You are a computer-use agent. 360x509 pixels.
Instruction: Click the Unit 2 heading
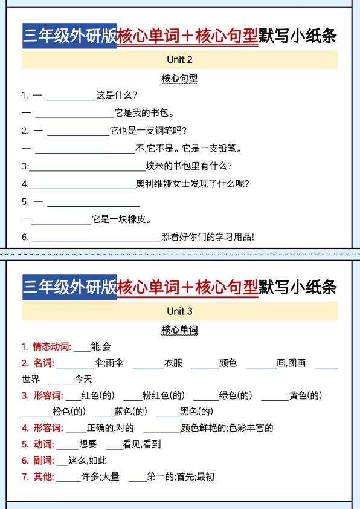pyautogui.click(x=179, y=60)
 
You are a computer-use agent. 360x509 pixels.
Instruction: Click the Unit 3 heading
pyautogui.click(x=179, y=311)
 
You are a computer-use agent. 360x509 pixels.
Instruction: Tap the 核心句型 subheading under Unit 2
pyautogui.click(x=179, y=79)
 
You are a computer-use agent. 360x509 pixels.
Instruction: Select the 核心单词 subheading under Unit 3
pyautogui.click(x=179, y=330)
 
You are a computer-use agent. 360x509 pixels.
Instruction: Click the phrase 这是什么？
pyautogui.click(x=117, y=95)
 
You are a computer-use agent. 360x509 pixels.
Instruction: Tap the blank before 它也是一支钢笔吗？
pyautogui.click(x=77, y=131)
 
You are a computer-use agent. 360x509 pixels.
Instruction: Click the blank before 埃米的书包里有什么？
pyautogui.click(x=87, y=166)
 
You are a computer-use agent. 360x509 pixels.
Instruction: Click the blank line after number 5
pyautogui.click(x=93, y=202)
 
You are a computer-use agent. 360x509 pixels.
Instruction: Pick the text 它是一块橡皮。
pyautogui.click(x=122, y=219)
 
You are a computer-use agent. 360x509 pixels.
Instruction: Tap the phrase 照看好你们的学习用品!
pyautogui.click(x=208, y=237)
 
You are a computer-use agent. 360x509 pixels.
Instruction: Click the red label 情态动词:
pyautogui.click(x=52, y=347)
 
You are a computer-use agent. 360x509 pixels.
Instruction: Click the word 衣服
pyautogui.click(x=173, y=363)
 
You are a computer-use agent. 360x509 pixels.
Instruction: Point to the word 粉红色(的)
pyautogui.click(x=163, y=396)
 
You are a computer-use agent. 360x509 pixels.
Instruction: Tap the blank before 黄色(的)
pyautogui.click(x=274, y=396)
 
